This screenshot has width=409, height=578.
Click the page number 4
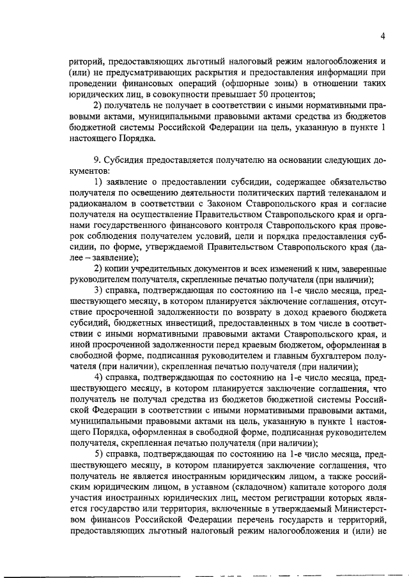[x=382, y=36]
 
